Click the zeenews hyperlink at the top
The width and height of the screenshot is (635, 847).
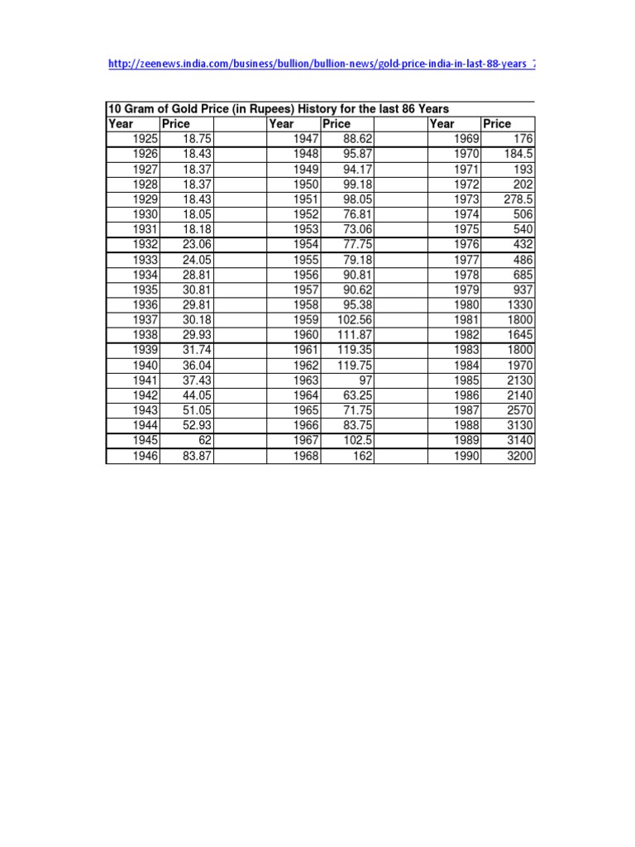pos(322,64)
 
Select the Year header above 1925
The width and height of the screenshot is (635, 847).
pos(121,124)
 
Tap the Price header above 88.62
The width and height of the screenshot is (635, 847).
pos(337,124)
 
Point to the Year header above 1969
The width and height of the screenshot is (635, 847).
pos(442,124)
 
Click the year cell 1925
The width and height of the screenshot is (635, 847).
pos(144,139)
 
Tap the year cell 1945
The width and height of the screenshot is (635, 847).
pos(144,441)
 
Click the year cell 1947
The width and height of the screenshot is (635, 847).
pos(305,139)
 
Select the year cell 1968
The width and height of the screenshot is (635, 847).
pos(305,456)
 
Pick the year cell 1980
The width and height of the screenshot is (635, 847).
pos(466,305)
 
